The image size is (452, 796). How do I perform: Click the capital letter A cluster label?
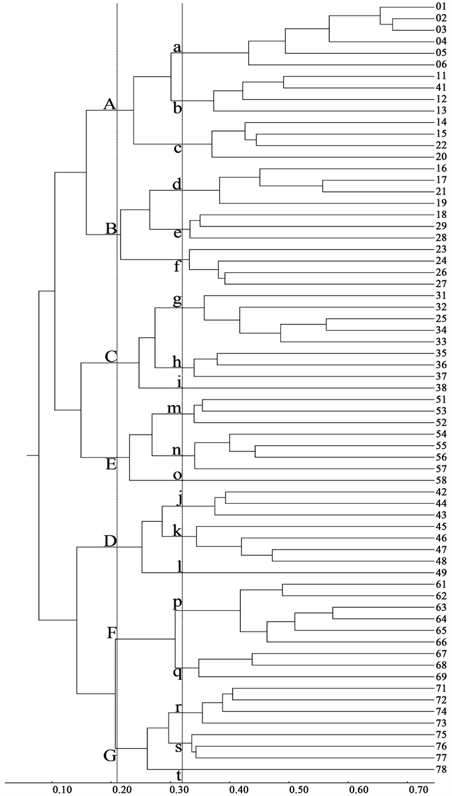110,105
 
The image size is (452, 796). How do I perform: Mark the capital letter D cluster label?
110,541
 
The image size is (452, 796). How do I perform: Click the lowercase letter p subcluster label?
177,603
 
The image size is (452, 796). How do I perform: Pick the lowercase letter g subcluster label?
177,300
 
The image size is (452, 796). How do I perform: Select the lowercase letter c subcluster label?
178,149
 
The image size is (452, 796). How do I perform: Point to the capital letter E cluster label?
111,464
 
